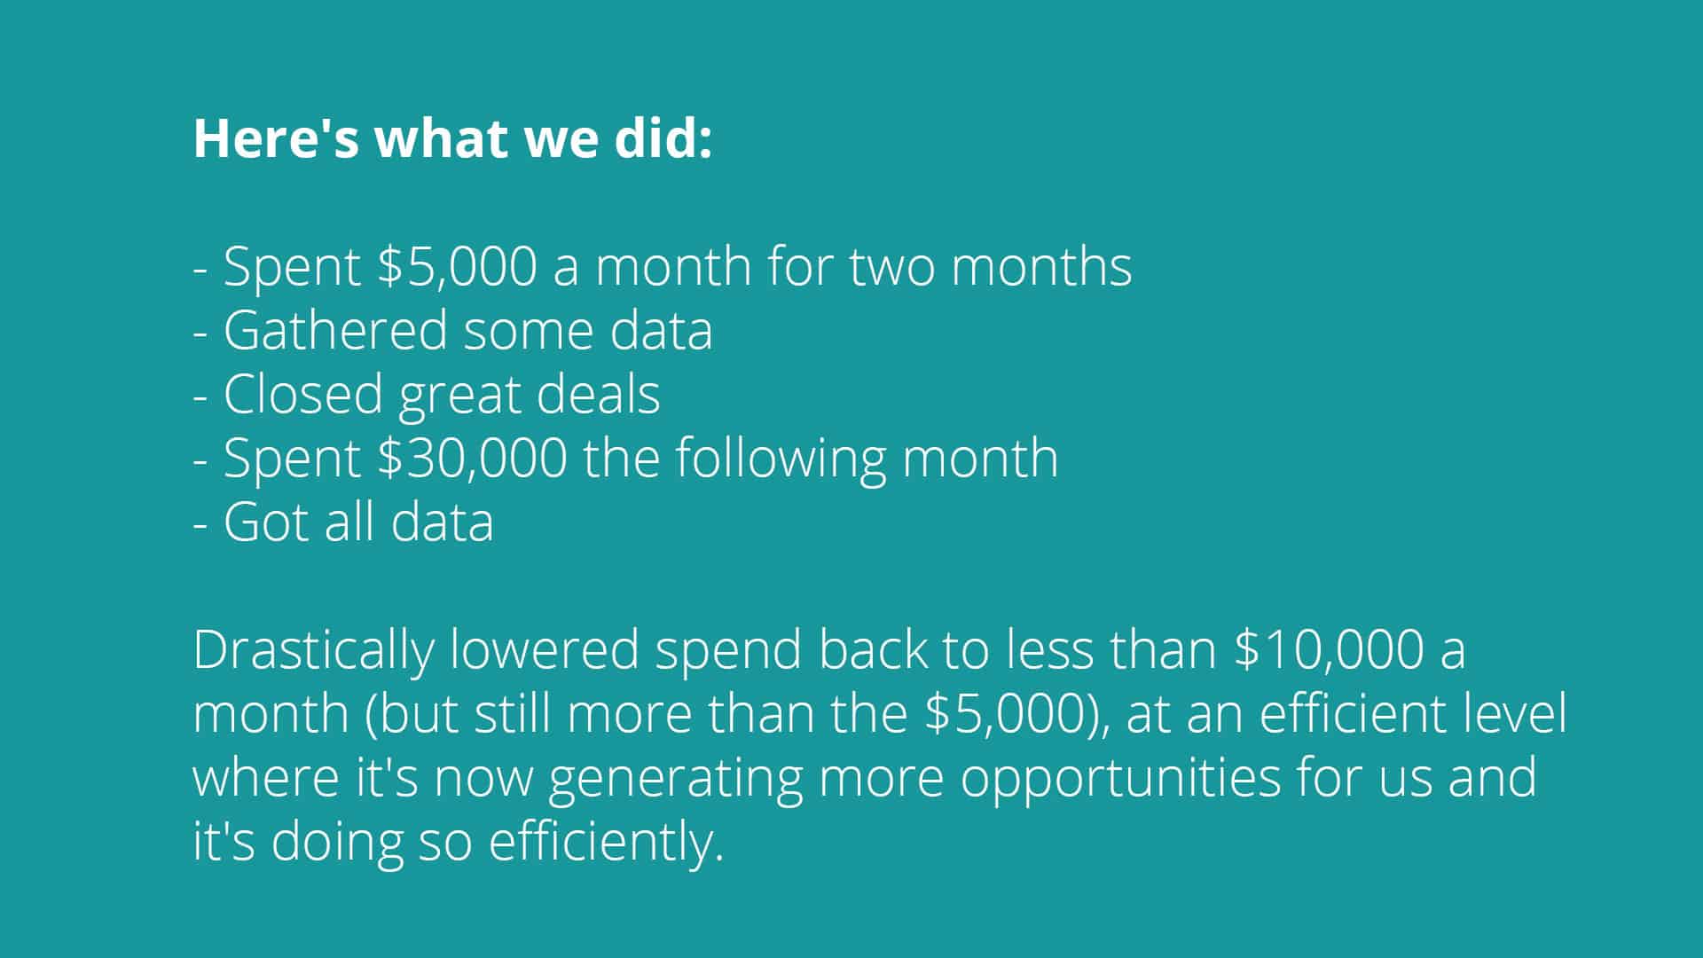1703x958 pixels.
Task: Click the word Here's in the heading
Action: [276, 138]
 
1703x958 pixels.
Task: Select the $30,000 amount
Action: [472, 459]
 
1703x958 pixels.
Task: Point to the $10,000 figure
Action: [1329, 650]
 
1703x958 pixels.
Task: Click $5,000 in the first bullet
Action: [457, 266]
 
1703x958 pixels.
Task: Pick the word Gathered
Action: [335, 330]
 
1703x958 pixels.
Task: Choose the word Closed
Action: [303, 394]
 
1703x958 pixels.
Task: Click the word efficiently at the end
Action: [607, 843]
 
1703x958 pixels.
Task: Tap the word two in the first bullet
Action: [892, 267]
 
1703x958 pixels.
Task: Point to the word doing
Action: [337, 843]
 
